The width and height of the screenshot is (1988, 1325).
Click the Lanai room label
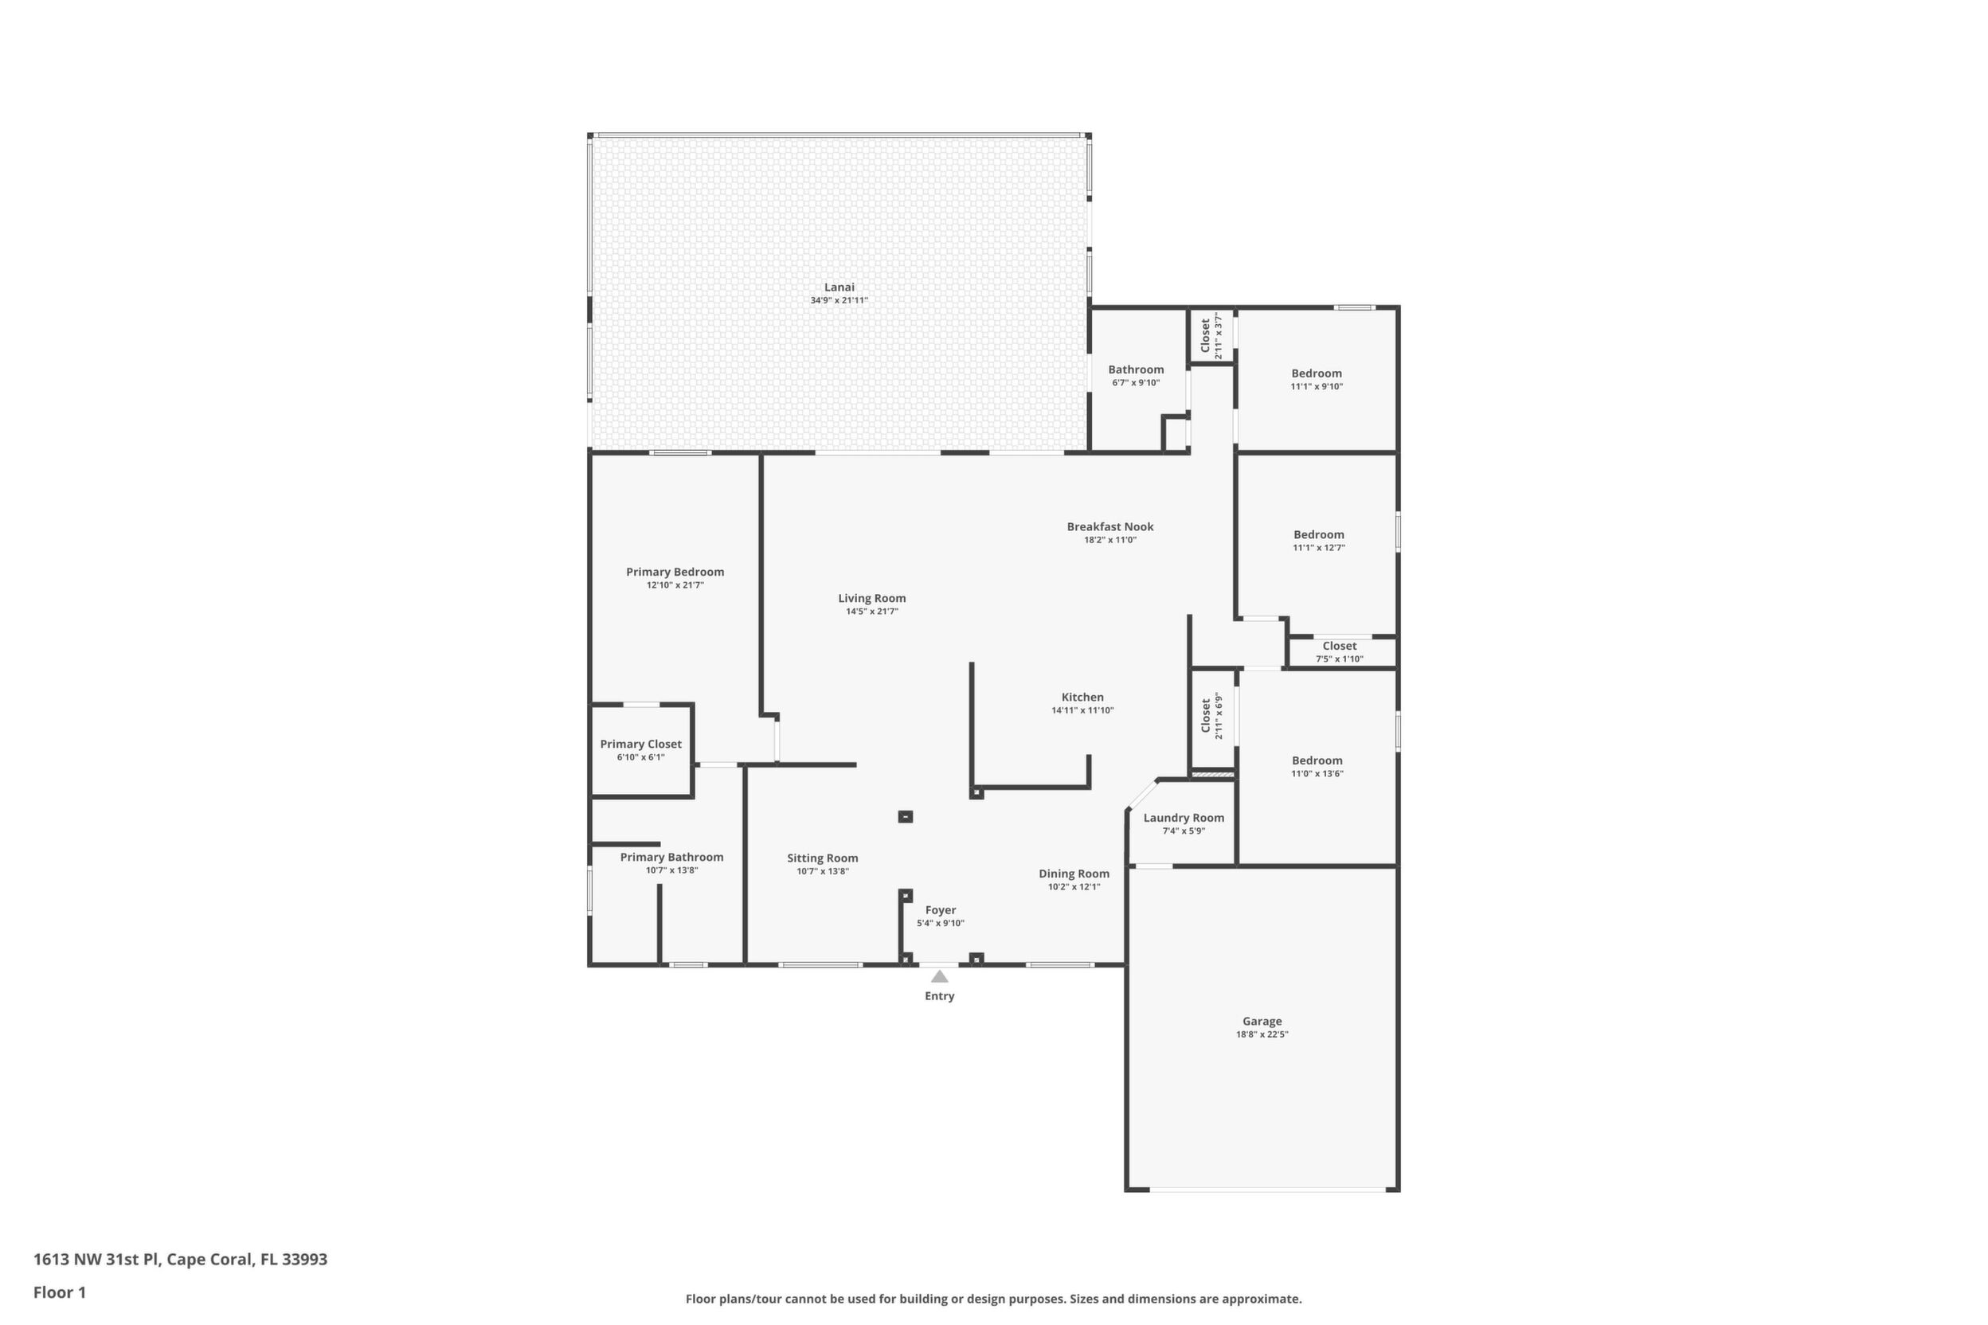click(839, 287)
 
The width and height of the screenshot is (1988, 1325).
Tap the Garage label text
click(1262, 1022)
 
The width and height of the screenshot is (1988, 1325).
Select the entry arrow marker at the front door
click(939, 976)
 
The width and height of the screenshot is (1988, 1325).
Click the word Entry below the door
click(939, 996)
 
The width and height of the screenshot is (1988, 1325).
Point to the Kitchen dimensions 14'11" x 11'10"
click(1082, 710)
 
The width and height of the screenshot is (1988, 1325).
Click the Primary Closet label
click(640, 745)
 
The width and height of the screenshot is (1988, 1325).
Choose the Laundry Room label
click(1184, 818)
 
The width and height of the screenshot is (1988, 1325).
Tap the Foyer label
click(941, 910)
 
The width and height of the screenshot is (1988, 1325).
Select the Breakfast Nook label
click(1109, 526)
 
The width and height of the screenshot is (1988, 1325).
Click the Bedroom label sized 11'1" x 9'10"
click(1316, 373)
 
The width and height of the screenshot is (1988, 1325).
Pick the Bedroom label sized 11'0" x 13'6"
click(1317, 760)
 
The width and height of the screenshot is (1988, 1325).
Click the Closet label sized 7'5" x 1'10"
click(1340, 647)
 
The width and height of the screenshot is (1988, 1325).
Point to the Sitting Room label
click(823, 858)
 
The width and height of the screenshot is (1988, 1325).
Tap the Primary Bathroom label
click(672, 858)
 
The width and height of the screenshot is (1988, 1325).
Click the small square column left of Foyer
click(906, 817)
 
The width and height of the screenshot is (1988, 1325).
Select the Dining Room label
click(1074, 874)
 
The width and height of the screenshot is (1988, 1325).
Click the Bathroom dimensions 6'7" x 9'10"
click(1136, 383)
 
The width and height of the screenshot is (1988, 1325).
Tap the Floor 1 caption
click(59, 1292)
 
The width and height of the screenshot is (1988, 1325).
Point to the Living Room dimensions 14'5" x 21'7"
click(872, 612)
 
